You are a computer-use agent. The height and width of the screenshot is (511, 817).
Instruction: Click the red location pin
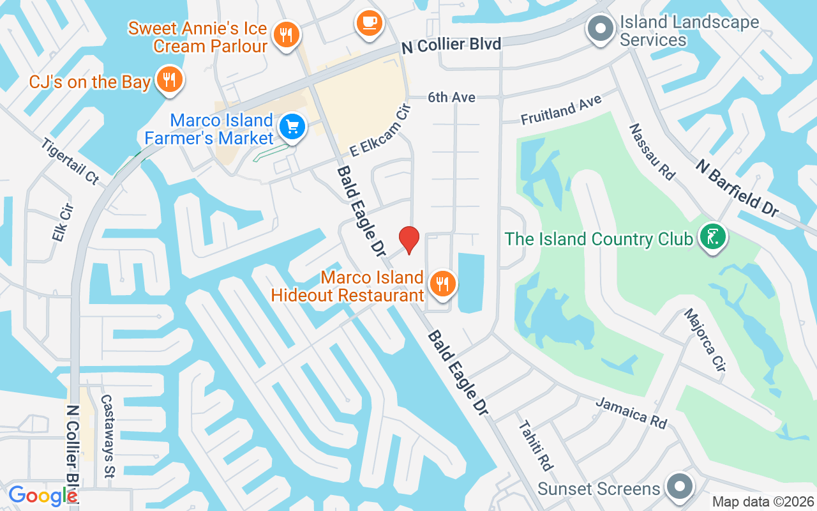tap(409, 240)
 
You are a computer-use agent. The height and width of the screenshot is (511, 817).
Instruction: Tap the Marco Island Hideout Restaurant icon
tap(442, 283)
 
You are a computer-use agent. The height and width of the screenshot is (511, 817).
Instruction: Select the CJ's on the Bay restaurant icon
tap(169, 80)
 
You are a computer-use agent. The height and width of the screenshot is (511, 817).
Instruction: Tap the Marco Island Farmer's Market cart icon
tap(293, 126)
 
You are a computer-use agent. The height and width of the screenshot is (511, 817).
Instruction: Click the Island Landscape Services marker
tap(600, 29)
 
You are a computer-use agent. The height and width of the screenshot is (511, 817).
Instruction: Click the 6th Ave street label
tap(452, 98)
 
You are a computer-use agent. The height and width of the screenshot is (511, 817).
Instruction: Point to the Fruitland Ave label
tap(561, 110)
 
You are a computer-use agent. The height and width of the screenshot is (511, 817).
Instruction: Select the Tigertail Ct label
tap(70, 161)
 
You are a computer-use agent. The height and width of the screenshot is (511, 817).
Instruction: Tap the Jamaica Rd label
tap(631, 413)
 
